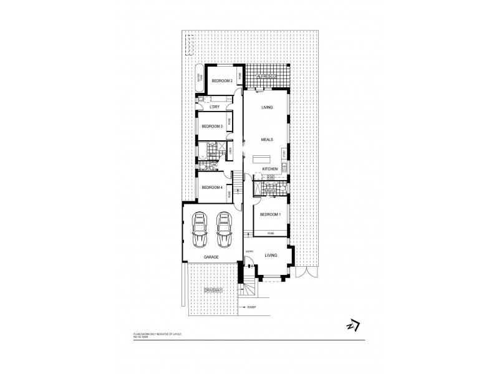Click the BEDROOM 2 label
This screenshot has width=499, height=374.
coord(222,81)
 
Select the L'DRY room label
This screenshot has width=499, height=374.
coord(215,107)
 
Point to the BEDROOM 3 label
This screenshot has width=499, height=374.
coord(213,127)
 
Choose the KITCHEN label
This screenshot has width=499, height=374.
coord(269,169)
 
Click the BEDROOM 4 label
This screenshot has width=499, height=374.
coord(212,187)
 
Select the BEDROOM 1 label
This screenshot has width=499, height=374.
coord(271,215)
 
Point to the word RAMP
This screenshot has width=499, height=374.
coord(252,307)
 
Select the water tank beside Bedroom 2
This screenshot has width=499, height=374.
coord(200,79)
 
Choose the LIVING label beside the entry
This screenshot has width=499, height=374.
coord(271,255)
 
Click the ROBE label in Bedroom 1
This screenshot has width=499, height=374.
coord(271,233)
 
